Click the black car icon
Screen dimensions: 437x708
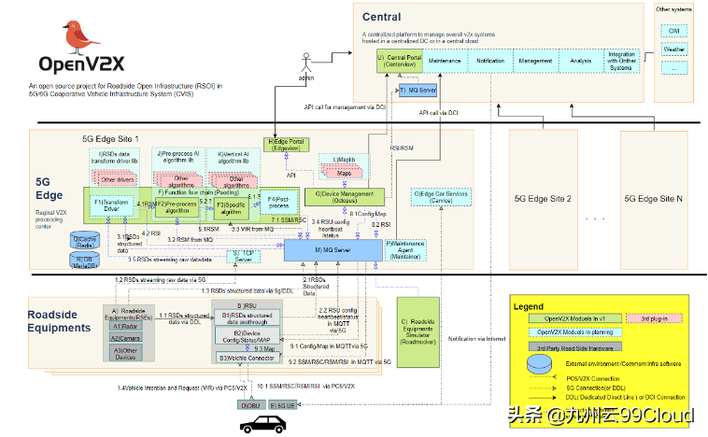(x=264, y=423)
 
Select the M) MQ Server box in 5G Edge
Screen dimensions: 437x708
(x=333, y=250)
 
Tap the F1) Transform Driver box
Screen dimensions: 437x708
(x=111, y=204)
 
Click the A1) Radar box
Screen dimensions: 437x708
(x=124, y=327)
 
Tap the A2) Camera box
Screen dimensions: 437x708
(x=124, y=339)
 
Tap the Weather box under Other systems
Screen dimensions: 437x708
(x=673, y=49)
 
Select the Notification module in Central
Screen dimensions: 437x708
(x=490, y=61)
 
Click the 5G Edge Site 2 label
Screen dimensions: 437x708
(x=543, y=199)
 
